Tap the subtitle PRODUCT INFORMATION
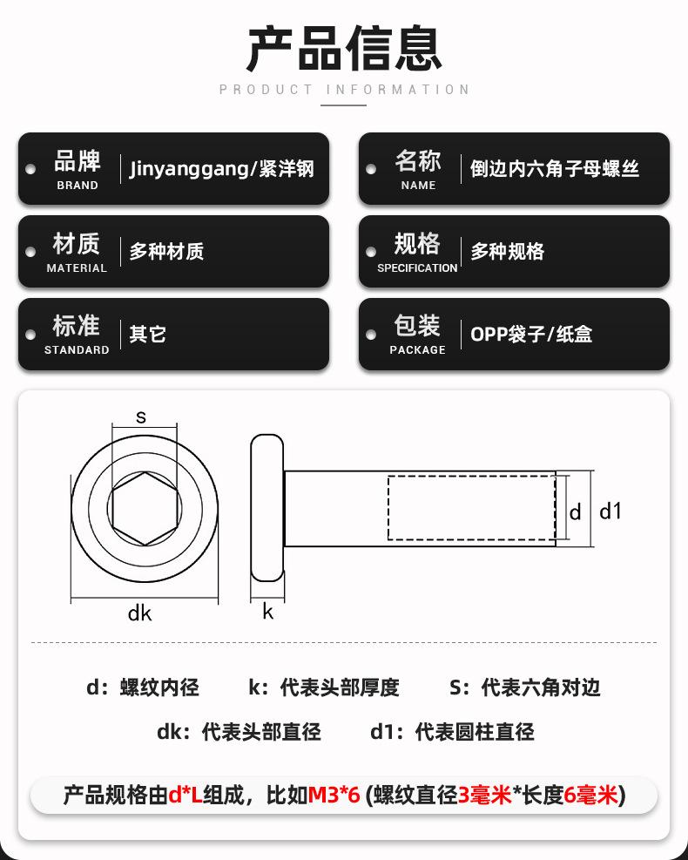click(344, 90)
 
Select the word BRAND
click(78, 186)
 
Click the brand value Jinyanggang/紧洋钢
click(222, 168)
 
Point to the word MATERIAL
click(77, 268)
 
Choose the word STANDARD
click(77, 350)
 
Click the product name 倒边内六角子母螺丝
click(555, 168)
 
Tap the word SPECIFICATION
click(417, 268)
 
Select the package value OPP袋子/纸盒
click(531, 334)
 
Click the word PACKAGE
click(417, 350)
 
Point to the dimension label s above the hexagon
click(141, 417)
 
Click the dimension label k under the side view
click(267, 613)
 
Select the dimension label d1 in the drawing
click(611, 511)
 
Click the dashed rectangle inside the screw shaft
click(470, 508)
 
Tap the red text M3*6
click(334, 795)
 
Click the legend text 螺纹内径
click(159, 688)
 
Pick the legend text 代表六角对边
click(541, 688)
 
